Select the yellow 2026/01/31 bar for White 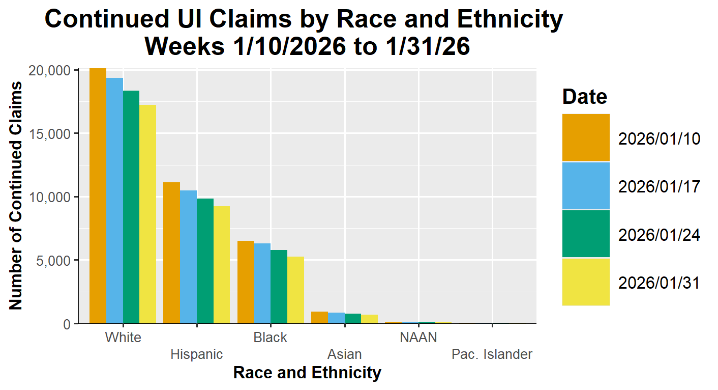coord(148,214)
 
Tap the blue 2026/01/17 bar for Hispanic coord(188,257)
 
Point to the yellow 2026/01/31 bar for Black coord(296,290)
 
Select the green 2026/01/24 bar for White coord(131,207)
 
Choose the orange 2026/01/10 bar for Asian coord(320,317)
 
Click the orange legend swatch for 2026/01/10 coord(586,137)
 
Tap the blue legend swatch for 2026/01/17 coord(586,186)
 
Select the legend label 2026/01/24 coord(659,235)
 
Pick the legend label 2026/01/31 coord(659,283)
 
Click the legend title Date coord(585,96)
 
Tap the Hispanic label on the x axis coord(197,354)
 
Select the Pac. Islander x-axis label coord(492,354)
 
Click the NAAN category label coord(418,338)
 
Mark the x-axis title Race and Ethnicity coord(307,373)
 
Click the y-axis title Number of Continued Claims coord(16,196)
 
